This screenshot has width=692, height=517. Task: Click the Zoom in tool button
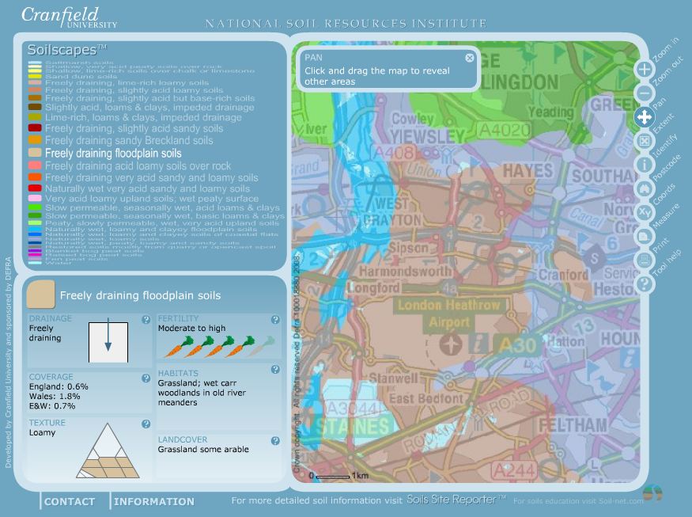coord(644,69)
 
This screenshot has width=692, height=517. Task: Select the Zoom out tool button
coord(644,93)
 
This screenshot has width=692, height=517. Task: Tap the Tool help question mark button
coord(644,283)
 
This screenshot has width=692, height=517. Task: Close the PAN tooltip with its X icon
coord(470,58)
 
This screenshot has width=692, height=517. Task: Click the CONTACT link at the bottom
coord(70,501)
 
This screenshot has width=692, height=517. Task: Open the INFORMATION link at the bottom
coord(154,501)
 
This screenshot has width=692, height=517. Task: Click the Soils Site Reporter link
coord(456,500)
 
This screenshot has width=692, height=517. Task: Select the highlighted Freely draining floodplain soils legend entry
coord(113,154)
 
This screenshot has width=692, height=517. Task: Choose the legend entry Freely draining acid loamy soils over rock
coord(138,166)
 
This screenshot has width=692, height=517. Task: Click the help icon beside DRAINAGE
coord(146,320)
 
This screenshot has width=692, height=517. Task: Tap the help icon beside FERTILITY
coord(275,320)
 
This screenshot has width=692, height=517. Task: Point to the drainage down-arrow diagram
coord(108,341)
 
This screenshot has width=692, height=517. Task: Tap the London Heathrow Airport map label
coord(449,314)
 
